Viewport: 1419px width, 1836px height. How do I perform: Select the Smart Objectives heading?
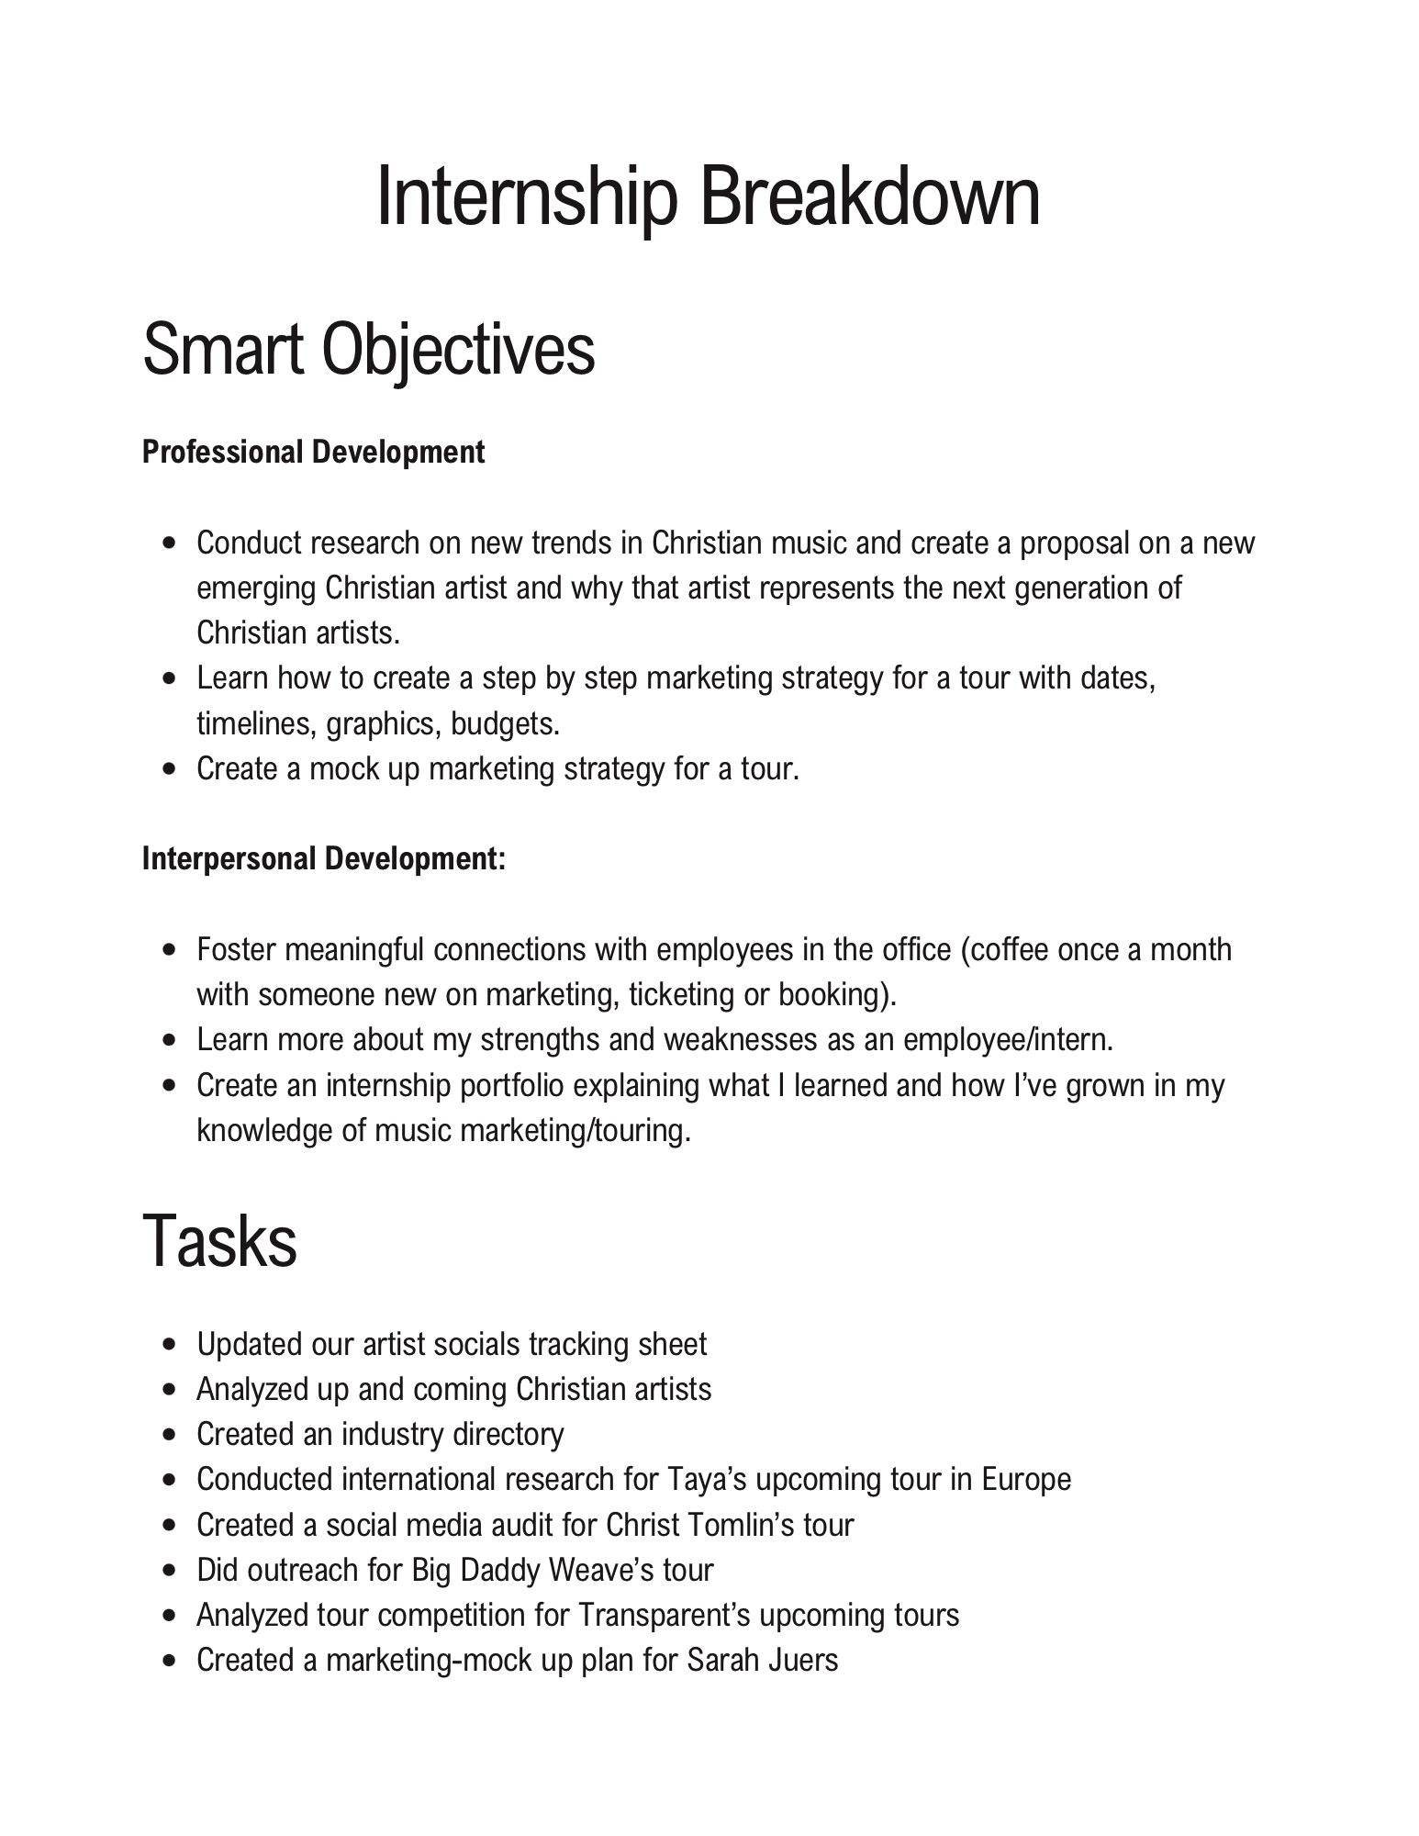[x=369, y=350]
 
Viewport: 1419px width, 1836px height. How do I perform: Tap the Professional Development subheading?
[x=314, y=453]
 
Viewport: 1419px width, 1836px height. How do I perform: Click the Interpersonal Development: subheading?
[x=324, y=859]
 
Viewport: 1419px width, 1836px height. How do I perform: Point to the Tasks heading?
[x=220, y=1241]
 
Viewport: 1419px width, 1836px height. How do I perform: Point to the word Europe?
[x=1026, y=1481]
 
